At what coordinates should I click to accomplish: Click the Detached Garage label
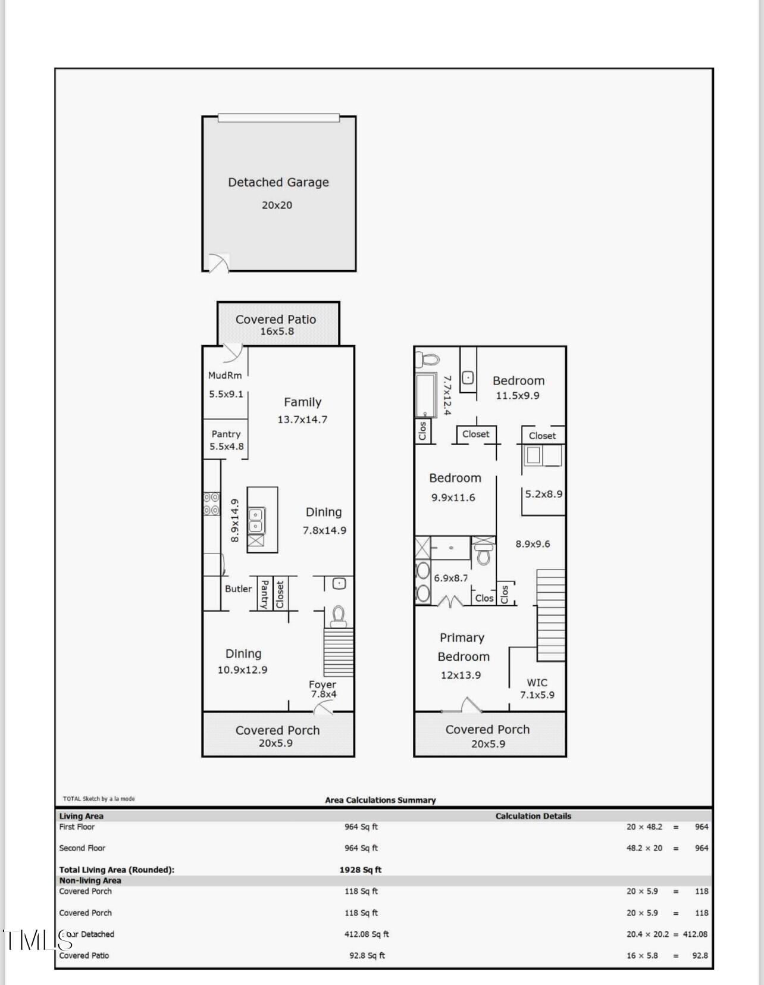tap(278, 182)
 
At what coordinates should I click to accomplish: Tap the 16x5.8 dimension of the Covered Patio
tap(277, 331)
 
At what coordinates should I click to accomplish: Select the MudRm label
tap(225, 376)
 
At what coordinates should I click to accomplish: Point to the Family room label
tap(303, 402)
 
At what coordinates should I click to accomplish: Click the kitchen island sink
tap(256, 520)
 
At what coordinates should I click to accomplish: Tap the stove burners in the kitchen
tap(212, 504)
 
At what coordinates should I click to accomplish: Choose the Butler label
tap(239, 589)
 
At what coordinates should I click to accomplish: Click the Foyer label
tap(322, 684)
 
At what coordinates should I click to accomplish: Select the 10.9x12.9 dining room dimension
tap(242, 670)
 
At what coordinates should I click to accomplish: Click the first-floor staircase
tap(339, 652)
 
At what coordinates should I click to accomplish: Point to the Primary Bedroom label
tap(463, 648)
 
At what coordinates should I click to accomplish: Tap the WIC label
tap(537, 683)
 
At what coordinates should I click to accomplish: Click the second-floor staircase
tap(551, 615)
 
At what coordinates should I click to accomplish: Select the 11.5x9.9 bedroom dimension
tap(518, 395)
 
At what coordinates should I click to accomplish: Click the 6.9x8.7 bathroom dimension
tap(451, 578)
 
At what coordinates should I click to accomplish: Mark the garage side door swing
tap(220, 263)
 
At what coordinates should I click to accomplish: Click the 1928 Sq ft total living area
tap(360, 870)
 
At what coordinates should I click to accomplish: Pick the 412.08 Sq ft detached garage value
tap(367, 934)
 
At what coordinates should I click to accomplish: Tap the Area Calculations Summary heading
tap(380, 800)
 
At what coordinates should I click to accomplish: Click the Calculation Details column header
tap(533, 816)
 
